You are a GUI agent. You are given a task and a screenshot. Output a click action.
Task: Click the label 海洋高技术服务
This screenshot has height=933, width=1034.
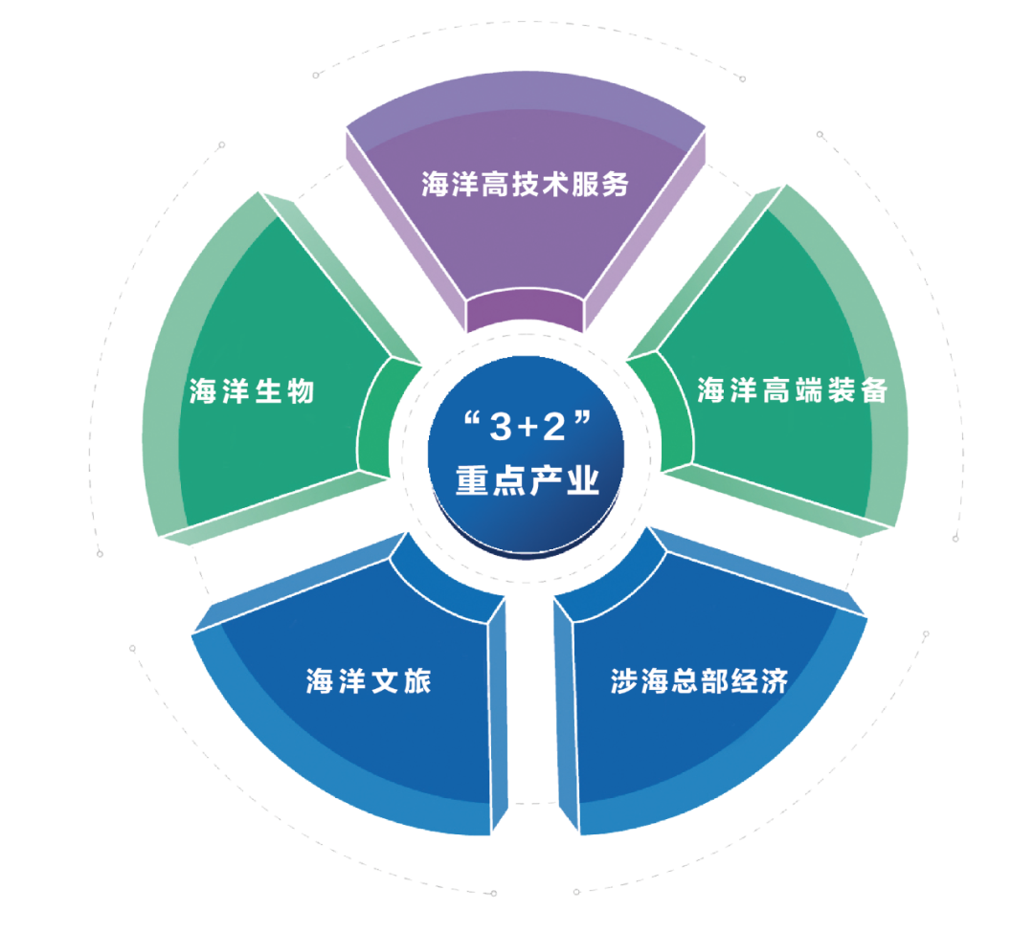[x=526, y=184]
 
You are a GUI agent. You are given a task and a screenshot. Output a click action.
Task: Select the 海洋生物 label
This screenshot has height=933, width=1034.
[x=252, y=391]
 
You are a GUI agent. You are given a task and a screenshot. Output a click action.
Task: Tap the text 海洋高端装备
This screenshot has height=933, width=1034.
[x=792, y=390]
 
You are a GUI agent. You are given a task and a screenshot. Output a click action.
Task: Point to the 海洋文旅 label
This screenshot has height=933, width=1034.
[x=369, y=681]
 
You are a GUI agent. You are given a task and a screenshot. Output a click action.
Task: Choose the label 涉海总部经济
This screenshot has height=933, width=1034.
[x=699, y=681]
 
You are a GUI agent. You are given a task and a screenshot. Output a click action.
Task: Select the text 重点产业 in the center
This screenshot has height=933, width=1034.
[x=527, y=480]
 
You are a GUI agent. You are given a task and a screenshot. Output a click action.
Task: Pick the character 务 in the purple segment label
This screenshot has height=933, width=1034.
[x=617, y=184]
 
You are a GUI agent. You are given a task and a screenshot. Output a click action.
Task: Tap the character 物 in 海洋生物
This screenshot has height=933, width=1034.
[x=300, y=391]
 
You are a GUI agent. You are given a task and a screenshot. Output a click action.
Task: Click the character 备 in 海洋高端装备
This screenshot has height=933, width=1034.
[x=874, y=390]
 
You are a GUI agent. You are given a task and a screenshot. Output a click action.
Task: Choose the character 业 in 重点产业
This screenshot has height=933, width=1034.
[x=583, y=480]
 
